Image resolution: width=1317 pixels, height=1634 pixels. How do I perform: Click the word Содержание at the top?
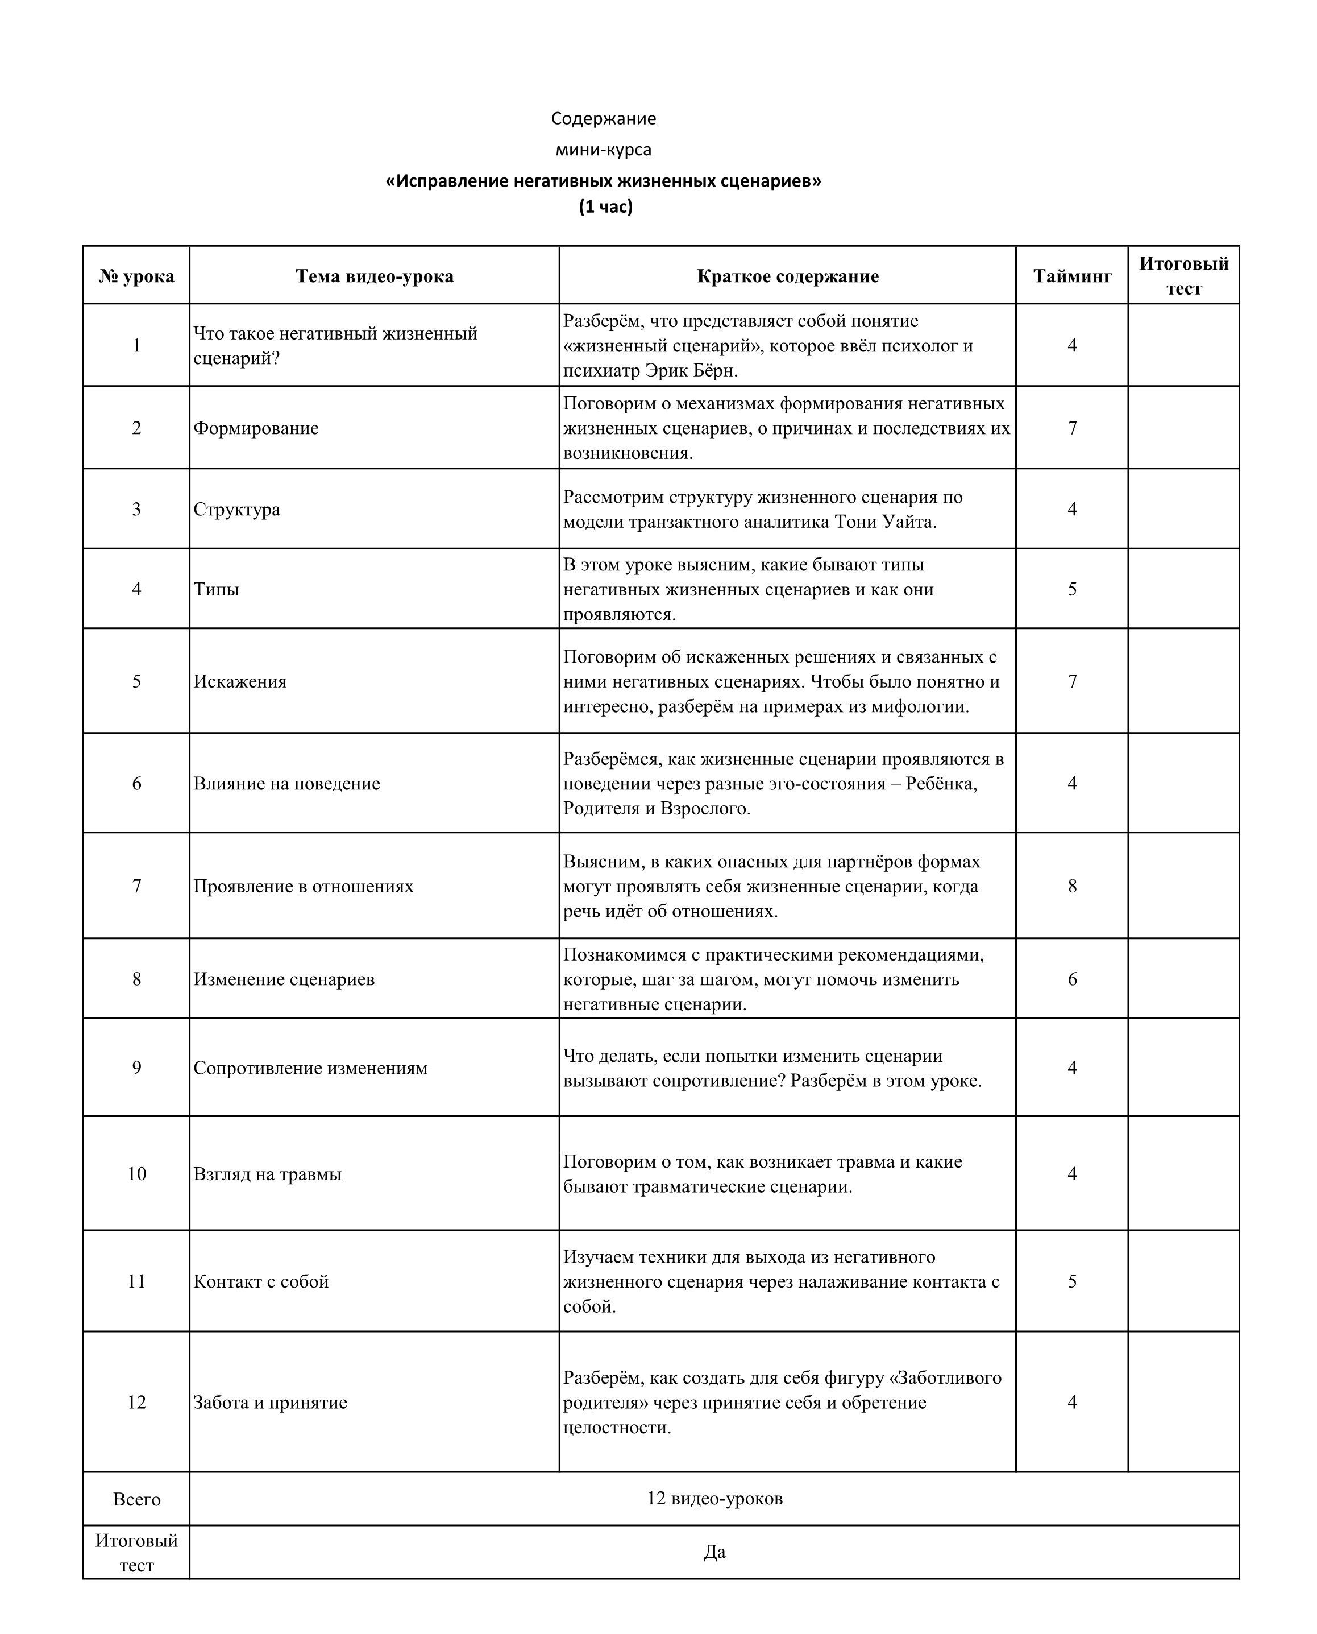(x=603, y=118)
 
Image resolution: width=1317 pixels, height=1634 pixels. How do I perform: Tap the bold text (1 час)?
(x=605, y=206)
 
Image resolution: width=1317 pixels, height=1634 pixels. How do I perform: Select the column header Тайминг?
(x=1072, y=276)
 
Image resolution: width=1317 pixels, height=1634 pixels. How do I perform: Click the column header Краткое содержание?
(x=787, y=276)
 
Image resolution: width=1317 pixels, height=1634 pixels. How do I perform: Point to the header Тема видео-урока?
(x=374, y=276)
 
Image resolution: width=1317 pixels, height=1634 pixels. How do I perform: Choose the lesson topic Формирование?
(x=256, y=428)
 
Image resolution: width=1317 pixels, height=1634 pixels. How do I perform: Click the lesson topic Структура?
(x=236, y=509)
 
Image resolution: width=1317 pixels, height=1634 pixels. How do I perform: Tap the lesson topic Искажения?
(x=240, y=681)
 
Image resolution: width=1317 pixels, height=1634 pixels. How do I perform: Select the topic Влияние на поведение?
(x=287, y=784)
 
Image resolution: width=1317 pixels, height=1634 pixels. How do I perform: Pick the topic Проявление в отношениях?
(x=304, y=887)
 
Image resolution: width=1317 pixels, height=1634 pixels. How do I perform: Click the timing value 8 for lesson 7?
(x=1072, y=887)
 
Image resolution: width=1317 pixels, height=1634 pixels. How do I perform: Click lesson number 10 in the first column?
(x=136, y=1174)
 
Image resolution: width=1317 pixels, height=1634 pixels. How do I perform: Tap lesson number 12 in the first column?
(x=136, y=1403)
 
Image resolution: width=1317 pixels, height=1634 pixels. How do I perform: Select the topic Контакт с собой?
(x=261, y=1282)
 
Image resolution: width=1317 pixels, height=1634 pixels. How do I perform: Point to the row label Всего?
(x=136, y=1500)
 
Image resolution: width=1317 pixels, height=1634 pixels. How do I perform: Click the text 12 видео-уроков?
(x=714, y=1499)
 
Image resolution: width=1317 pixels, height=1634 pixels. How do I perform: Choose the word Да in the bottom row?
(x=714, y=1552)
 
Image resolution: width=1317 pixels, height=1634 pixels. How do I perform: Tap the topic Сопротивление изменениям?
(x=310, y=1069)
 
